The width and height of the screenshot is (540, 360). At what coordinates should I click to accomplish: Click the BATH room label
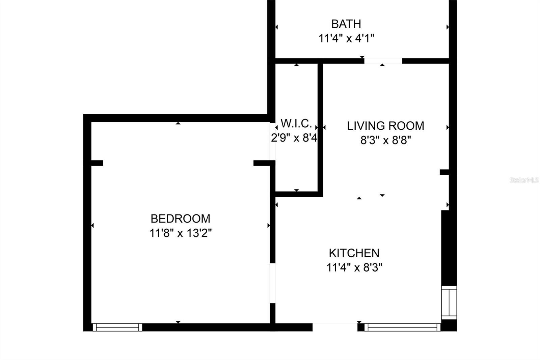click(x=346, y=24)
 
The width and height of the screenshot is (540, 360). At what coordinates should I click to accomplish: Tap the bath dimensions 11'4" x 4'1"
click(x=346, y=38)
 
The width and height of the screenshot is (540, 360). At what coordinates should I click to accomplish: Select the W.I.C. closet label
click(x=296, y=124)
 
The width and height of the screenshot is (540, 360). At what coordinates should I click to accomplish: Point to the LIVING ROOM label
click(x=385, y=126)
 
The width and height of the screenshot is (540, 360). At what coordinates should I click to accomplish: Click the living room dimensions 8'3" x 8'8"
click(x=385, y=140)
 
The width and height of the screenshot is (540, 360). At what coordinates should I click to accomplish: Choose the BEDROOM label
click(x=180, y=219)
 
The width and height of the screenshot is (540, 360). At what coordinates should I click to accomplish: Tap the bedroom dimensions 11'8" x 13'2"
click(x=180, y=233)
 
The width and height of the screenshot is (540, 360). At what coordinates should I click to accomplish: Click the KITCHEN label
click(x=354, y=253)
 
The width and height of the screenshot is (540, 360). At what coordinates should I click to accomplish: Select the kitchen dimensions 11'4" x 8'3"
click(x=354, y=267)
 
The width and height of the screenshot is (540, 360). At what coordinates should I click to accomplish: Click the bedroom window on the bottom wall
click(x=117, y=327)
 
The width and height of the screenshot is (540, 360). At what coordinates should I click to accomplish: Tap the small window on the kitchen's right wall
click(x=449, y=303)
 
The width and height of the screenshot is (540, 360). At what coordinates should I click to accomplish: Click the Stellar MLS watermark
click(x=524, y=180)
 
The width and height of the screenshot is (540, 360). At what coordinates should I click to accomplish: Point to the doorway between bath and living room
click(x=383, y=61)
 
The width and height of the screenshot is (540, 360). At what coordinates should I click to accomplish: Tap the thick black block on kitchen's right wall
click(x=446, y=248)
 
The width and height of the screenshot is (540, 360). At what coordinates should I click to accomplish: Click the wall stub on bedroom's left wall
click(x=97, y=163)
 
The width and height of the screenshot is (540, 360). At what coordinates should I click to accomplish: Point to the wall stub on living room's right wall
click(x=444, y=172)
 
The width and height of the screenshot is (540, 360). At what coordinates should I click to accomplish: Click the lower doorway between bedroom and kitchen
click(x=272, y=283)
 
